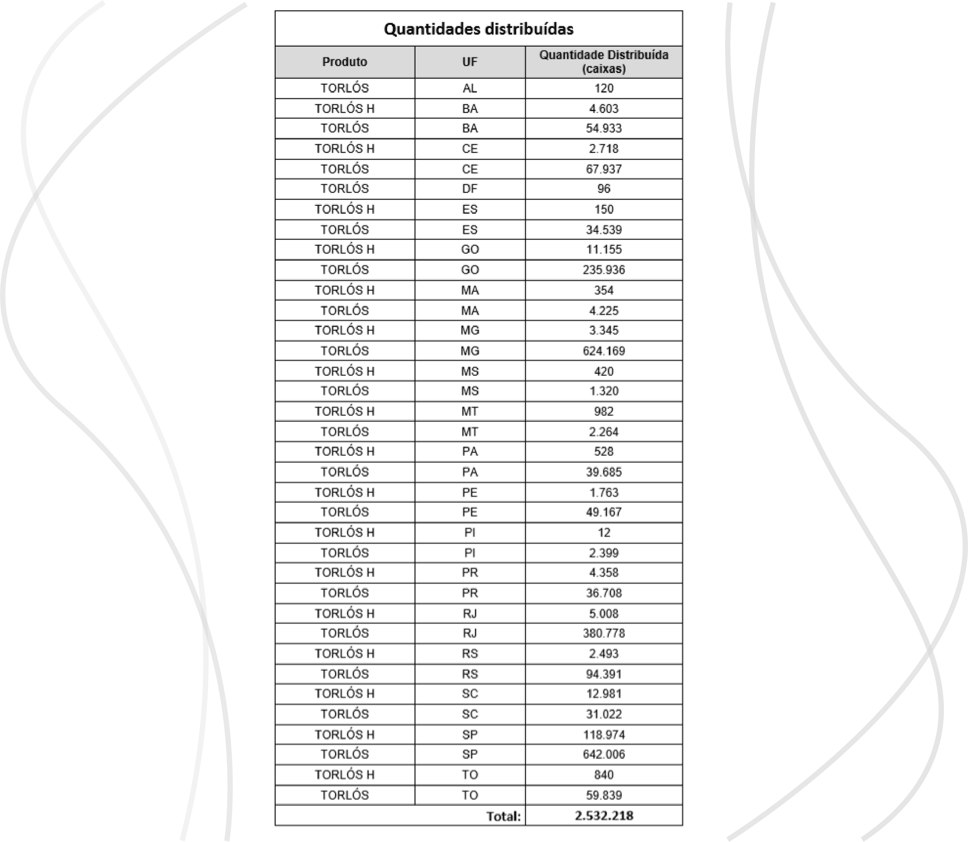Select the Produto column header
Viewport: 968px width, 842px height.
345,62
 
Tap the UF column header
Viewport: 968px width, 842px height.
470,62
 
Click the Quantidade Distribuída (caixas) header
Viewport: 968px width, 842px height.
604,62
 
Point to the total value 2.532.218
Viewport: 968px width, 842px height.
604,815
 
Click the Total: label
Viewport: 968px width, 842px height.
503,816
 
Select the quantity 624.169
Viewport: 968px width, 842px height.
604,351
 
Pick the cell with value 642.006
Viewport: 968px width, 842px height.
604,754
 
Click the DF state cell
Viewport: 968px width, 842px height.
470,189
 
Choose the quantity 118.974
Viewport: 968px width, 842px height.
604,734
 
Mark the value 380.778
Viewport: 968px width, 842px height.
604,633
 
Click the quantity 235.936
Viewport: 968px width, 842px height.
604,270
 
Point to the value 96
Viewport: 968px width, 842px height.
604,189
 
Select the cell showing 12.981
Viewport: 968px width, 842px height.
604,693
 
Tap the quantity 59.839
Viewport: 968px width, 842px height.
604,795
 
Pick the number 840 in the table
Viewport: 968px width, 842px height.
604,775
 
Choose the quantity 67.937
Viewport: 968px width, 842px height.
604,169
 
